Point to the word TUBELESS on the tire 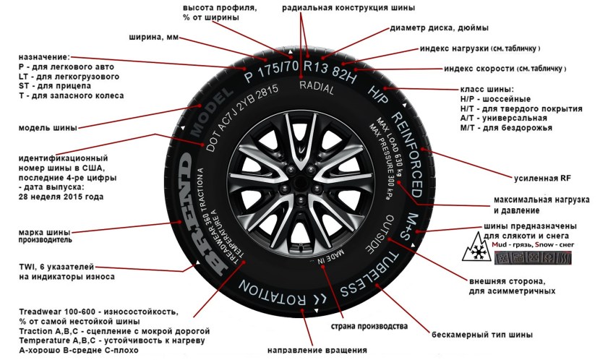point(369,270)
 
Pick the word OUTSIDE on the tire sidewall point(377,233)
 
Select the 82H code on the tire point(346,70)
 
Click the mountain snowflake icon point(473,252)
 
